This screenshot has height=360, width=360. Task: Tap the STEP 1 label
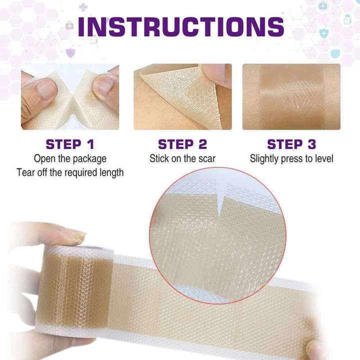point(70,144)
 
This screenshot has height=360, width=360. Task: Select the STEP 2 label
point(182,144)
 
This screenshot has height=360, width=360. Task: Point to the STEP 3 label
point(291,144)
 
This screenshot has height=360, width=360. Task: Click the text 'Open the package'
point(70,159)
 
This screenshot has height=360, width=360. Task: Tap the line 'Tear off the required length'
point(70,172)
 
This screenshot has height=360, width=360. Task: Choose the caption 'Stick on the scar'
point(182,159)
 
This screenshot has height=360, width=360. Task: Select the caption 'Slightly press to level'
point(291,159)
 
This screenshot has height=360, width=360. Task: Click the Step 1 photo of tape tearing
point(70,96)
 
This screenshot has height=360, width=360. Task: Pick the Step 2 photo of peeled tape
point(182,96)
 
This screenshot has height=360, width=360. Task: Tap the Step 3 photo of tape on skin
point(291,96)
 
